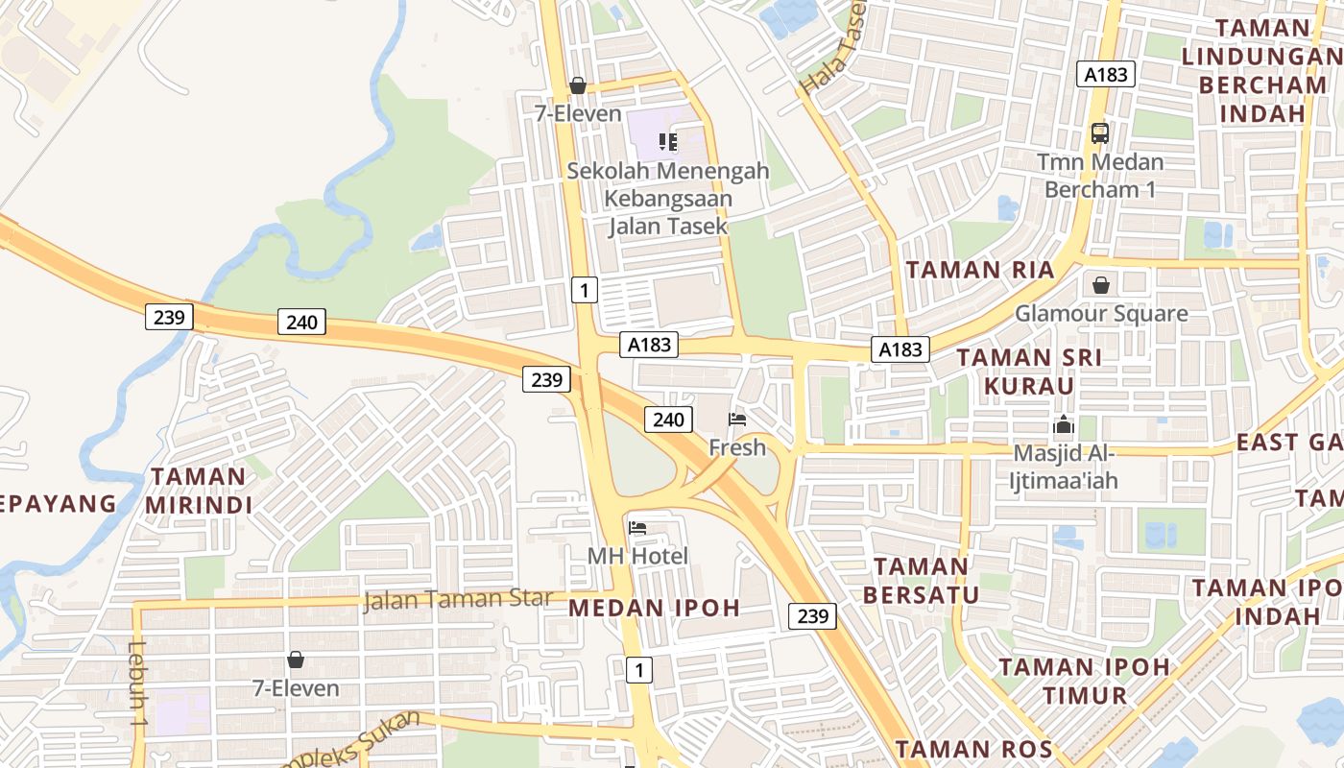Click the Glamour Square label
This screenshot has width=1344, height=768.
pos(1101,313)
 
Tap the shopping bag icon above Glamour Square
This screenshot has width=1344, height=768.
pos(1100,285)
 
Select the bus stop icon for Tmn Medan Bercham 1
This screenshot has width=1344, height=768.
pos(1100,133)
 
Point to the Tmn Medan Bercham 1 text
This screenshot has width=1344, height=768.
pos(1100,175)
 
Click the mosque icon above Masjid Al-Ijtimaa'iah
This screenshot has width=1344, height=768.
pos(1064,424)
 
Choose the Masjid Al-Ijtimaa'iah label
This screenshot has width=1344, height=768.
pos(1067,466)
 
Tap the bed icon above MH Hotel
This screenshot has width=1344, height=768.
pos(637,528)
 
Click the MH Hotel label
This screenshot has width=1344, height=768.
pos(637,556)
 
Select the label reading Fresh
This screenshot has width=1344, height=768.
pos(737,446)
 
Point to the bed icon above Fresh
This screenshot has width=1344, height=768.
pos(737,419)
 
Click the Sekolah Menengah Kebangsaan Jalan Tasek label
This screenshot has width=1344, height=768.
pos(668,198)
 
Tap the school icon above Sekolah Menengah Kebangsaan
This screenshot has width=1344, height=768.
pos(668,143)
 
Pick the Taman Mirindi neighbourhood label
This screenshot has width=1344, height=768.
pos(199,490)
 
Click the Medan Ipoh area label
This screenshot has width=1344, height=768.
pos(655,607)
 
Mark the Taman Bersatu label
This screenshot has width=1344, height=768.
pos(921,580)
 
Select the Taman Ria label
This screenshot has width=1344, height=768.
pos(980,270)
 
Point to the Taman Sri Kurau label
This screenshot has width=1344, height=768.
pos(1029,371)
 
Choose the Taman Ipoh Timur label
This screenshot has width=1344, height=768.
pos(1085,681)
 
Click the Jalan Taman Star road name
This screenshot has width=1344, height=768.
pos(458,600)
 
